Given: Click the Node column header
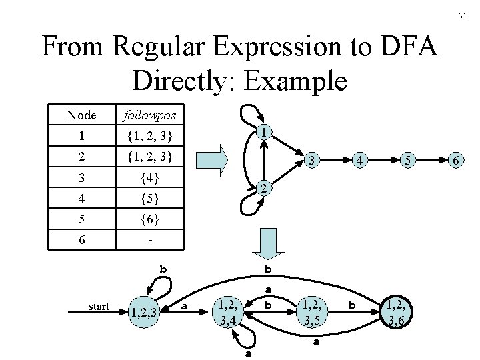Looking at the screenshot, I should [81, 115].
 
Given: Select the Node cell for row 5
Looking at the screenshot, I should [81, 219].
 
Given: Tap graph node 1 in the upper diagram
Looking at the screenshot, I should [265, 133].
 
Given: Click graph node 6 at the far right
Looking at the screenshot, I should [455, 161].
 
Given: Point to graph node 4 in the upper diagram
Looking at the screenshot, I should [359, 161].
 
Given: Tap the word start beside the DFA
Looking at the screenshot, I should [99, 307].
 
